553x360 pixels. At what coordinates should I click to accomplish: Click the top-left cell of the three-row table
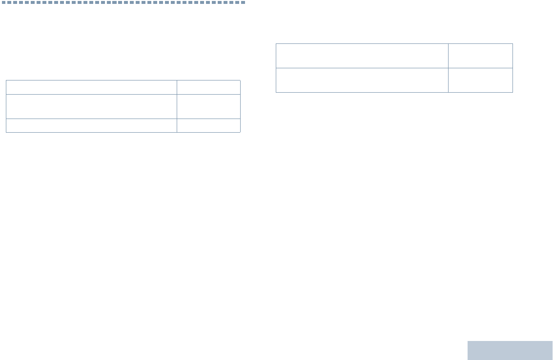(x=91, y=87)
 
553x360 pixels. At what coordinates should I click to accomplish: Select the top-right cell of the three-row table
(x=208, y=87)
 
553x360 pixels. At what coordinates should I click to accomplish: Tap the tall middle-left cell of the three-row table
(x=91, y=106)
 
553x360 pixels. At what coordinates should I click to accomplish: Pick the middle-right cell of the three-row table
(x=208, y=106)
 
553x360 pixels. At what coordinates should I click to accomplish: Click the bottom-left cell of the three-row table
(x=91, y=125)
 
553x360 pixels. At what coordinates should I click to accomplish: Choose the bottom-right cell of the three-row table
(x=208, y=125)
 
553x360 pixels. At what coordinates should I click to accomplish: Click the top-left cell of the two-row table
(x=362, y=56)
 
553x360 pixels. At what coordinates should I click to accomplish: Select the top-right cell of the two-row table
(x=480, y=56)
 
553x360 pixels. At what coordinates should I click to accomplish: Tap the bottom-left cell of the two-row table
(x=362, y=80)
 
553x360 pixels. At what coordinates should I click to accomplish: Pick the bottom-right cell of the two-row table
(x=480, y=80)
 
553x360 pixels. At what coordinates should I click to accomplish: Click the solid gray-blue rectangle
(x=510, y=350)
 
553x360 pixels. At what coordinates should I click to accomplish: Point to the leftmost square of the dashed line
(x=3, y=2)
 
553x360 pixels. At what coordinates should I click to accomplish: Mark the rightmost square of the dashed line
(x=243, y=2)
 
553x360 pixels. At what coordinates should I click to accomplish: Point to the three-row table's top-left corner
(x=6, y=80)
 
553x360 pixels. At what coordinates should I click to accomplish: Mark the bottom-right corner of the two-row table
(x=512, y=92)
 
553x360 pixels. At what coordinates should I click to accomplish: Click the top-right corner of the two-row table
(x=512, y=44)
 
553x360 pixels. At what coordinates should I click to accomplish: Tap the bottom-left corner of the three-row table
(x=6, y=132)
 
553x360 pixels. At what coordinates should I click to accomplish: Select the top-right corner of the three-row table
(x=240, y=80)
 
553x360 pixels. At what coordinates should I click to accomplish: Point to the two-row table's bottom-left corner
(x=276, y=92)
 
